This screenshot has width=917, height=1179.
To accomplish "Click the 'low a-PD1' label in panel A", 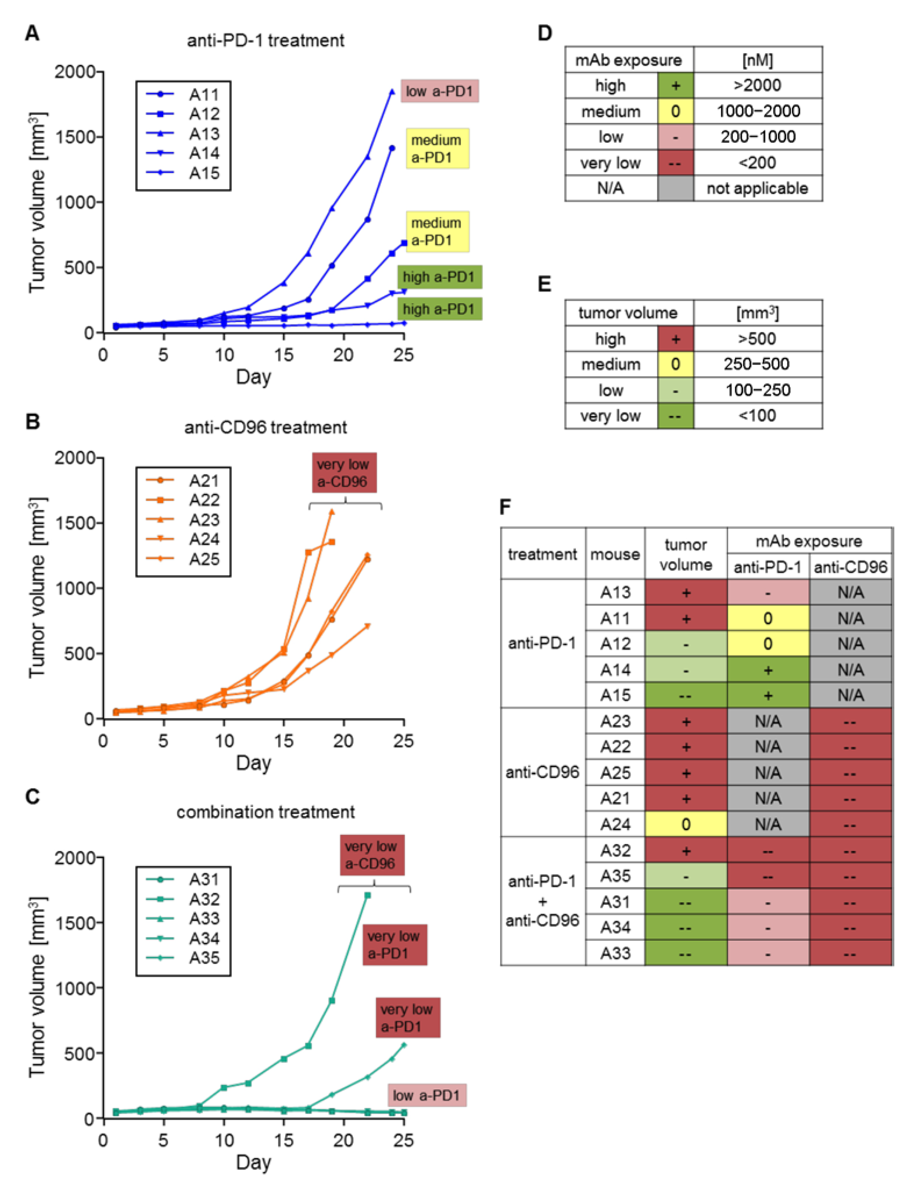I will click(x=439, y=91).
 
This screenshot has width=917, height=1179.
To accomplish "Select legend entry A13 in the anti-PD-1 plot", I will click(x=204, y=133).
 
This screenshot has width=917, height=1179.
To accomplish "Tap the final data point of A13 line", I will click(x=392, y=92).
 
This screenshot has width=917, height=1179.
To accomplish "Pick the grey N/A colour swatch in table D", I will click(x=675, y=189).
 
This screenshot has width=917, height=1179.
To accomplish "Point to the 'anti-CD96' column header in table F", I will click(x=851, y=567).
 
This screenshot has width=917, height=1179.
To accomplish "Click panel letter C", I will click(x=32, y=797).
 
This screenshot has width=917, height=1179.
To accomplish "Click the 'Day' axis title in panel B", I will click(x=254, y=763).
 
